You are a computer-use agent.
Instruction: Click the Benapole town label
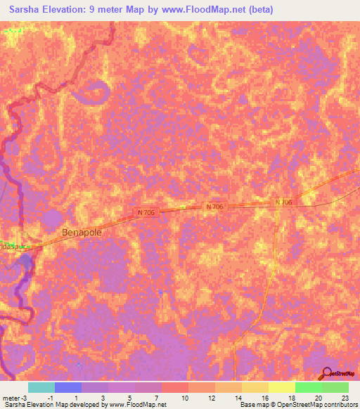[x=83, y=232]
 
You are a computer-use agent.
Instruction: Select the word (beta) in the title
[x=258, y=10]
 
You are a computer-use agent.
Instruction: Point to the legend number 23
[x=345, y=397]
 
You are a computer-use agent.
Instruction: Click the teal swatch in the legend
[x=41, y=387]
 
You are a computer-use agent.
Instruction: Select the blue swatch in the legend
[x=67, y=387]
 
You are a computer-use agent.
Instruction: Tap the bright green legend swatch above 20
[x=308, y=387]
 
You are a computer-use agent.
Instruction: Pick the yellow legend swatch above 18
[x=281, y=387]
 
